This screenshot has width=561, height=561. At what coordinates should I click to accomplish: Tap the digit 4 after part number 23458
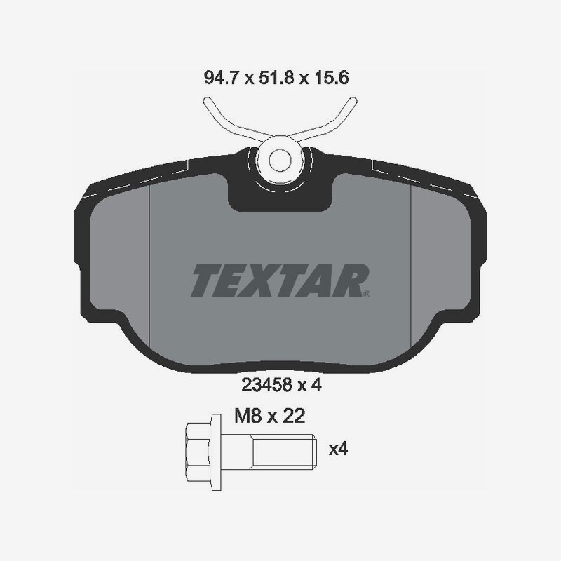coord(316,384)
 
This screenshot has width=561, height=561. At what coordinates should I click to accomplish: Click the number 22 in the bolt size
coord(293,417)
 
